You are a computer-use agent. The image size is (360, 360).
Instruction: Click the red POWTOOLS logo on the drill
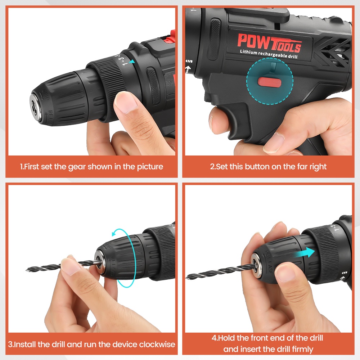[x=269, y=42]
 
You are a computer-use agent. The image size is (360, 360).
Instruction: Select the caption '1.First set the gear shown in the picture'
[x=91, y=167]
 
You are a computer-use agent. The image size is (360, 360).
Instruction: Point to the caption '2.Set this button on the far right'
[x=268, y=167]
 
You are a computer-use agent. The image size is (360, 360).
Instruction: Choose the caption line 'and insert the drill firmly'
[x=268, y=349]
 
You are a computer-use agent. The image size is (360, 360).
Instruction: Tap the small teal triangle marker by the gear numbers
[x=132, y=62]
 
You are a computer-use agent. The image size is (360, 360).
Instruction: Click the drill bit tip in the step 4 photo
[x=188, y=277]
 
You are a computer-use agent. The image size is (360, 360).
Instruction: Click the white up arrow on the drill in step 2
[x=188, y=68]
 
